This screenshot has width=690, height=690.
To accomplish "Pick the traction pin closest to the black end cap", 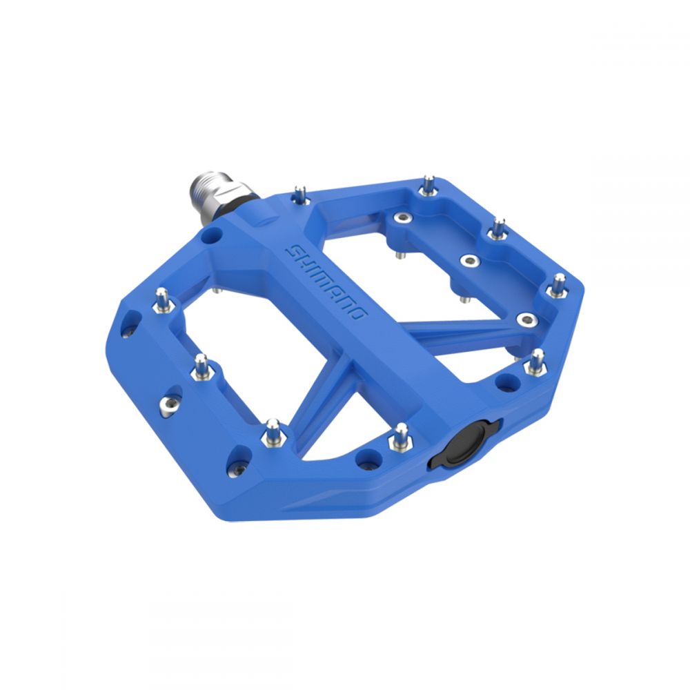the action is click(400, 437).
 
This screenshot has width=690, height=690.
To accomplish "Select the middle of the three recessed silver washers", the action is click(470, 261).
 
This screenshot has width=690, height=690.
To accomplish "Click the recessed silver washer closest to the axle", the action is click(403, 217).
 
